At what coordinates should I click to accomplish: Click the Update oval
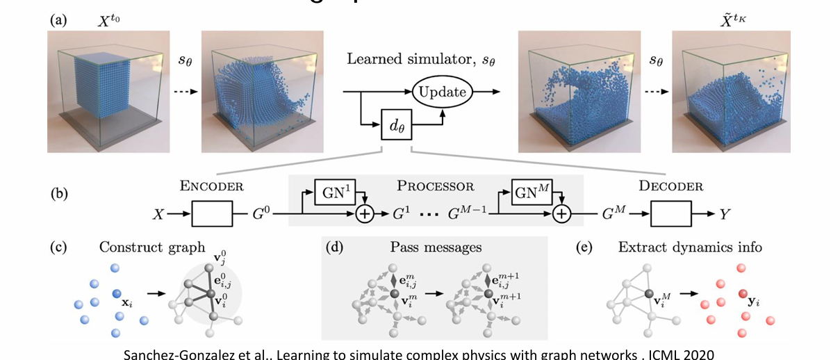coord(443,91)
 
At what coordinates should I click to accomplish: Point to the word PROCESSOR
coord(436,186)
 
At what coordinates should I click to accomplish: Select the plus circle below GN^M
coord(561,215)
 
